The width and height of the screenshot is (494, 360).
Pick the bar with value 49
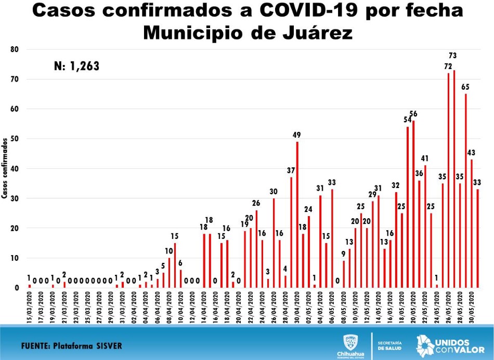pyautogui.click(x=297, y=214)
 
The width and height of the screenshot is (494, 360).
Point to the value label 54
pyautogui.click(x=407, y=119)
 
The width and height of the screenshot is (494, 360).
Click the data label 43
pyautogui.click(x=472, y=152)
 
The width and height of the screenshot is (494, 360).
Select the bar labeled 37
pyautogui.click(x=291, y=232)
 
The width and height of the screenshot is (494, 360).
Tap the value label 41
pyautogui.click(x=425, y=158)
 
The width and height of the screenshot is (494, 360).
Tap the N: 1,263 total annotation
pyautogui.click(x=76, y=66)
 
